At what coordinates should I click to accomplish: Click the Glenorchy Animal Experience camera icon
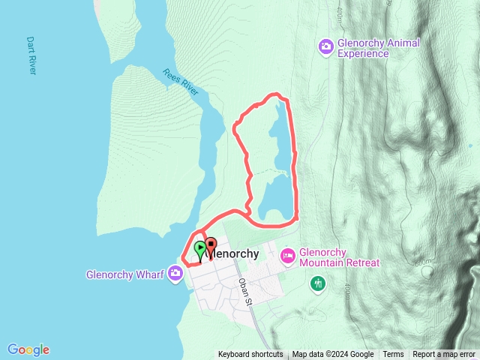[325, 47]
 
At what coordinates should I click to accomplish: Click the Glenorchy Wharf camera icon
[175, 272]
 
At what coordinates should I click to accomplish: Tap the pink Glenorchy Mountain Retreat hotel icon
[289, 257]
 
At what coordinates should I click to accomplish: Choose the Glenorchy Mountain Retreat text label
[339, 258]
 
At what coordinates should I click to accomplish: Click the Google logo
[28, 349]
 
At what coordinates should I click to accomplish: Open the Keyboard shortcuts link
[250, 355]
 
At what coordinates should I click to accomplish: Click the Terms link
[393, 355]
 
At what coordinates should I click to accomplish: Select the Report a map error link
[445, 355]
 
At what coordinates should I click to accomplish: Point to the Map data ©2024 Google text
[333, 355]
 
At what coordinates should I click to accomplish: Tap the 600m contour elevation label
[425, 263]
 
